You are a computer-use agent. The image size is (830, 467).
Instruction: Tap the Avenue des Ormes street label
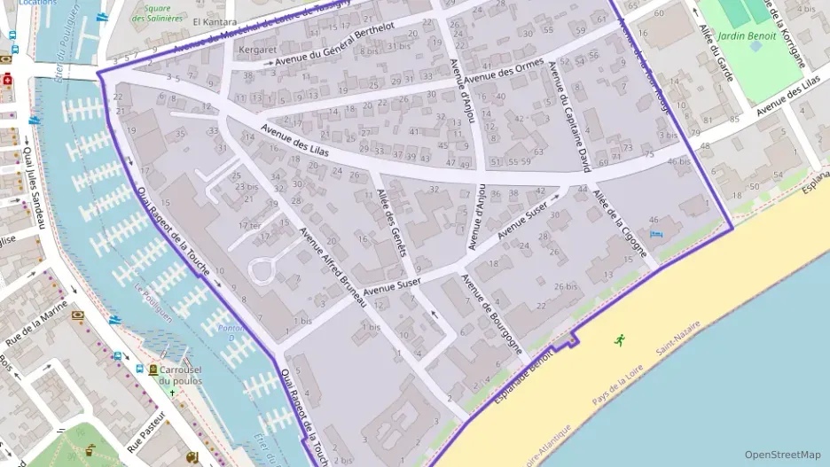point(504,71)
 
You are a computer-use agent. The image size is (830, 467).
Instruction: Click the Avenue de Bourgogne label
point(490,315)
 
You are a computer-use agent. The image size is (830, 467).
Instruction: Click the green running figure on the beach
point(619,339)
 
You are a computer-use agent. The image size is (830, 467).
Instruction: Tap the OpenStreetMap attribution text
point(782,455)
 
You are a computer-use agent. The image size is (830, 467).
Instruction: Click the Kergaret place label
point(258,51)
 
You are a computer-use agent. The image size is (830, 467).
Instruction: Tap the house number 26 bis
point(565,286)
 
